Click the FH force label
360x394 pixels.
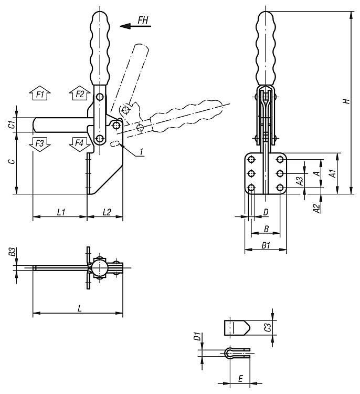(143, 20)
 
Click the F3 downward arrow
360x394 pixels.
(40, 143)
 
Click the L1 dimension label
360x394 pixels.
(60, 212)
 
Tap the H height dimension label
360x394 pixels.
(346, 101)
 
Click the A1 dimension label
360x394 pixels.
(332, 173)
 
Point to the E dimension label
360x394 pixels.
(240, 378)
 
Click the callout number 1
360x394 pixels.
(142, 152)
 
